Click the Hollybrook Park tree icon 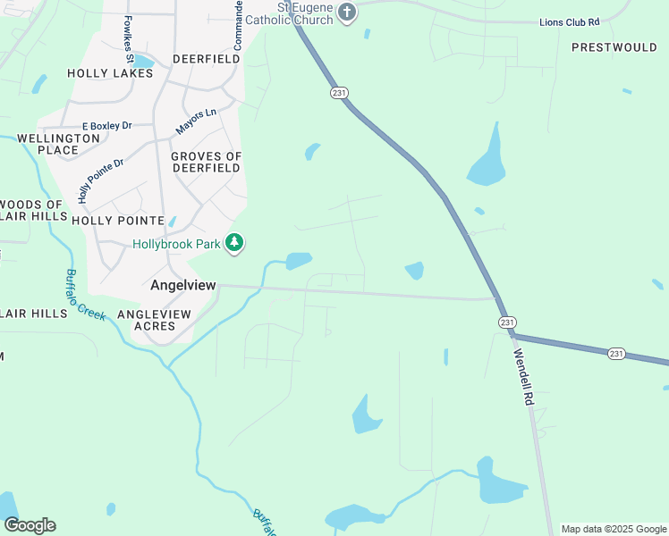pyautogui.click(x=234, y=243)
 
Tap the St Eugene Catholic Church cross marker pyautogui.click(x=348, y=13)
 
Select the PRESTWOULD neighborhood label pyautogui.click(x=614, y=46)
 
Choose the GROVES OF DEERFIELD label pyautogui.click(x=206, y=162)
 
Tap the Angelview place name pyautogui.click(x=183, y=285)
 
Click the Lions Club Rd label pyautogui.click(x=569, y=21)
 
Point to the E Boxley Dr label pyautogui.click(x=106, y=127)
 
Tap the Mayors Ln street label pyautogui.click(x=196, y=121)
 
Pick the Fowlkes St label pyautogui.click(x=130, y=40)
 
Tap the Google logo pyautogui.click(x=30, y=525)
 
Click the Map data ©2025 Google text pyautogui.click(x=613, y=529)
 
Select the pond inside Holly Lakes pyautogui.click(x=143, y=61)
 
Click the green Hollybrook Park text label pyautogui.click(x=178, y=243)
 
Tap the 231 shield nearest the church pyautogui.click(x=337, y=93)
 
